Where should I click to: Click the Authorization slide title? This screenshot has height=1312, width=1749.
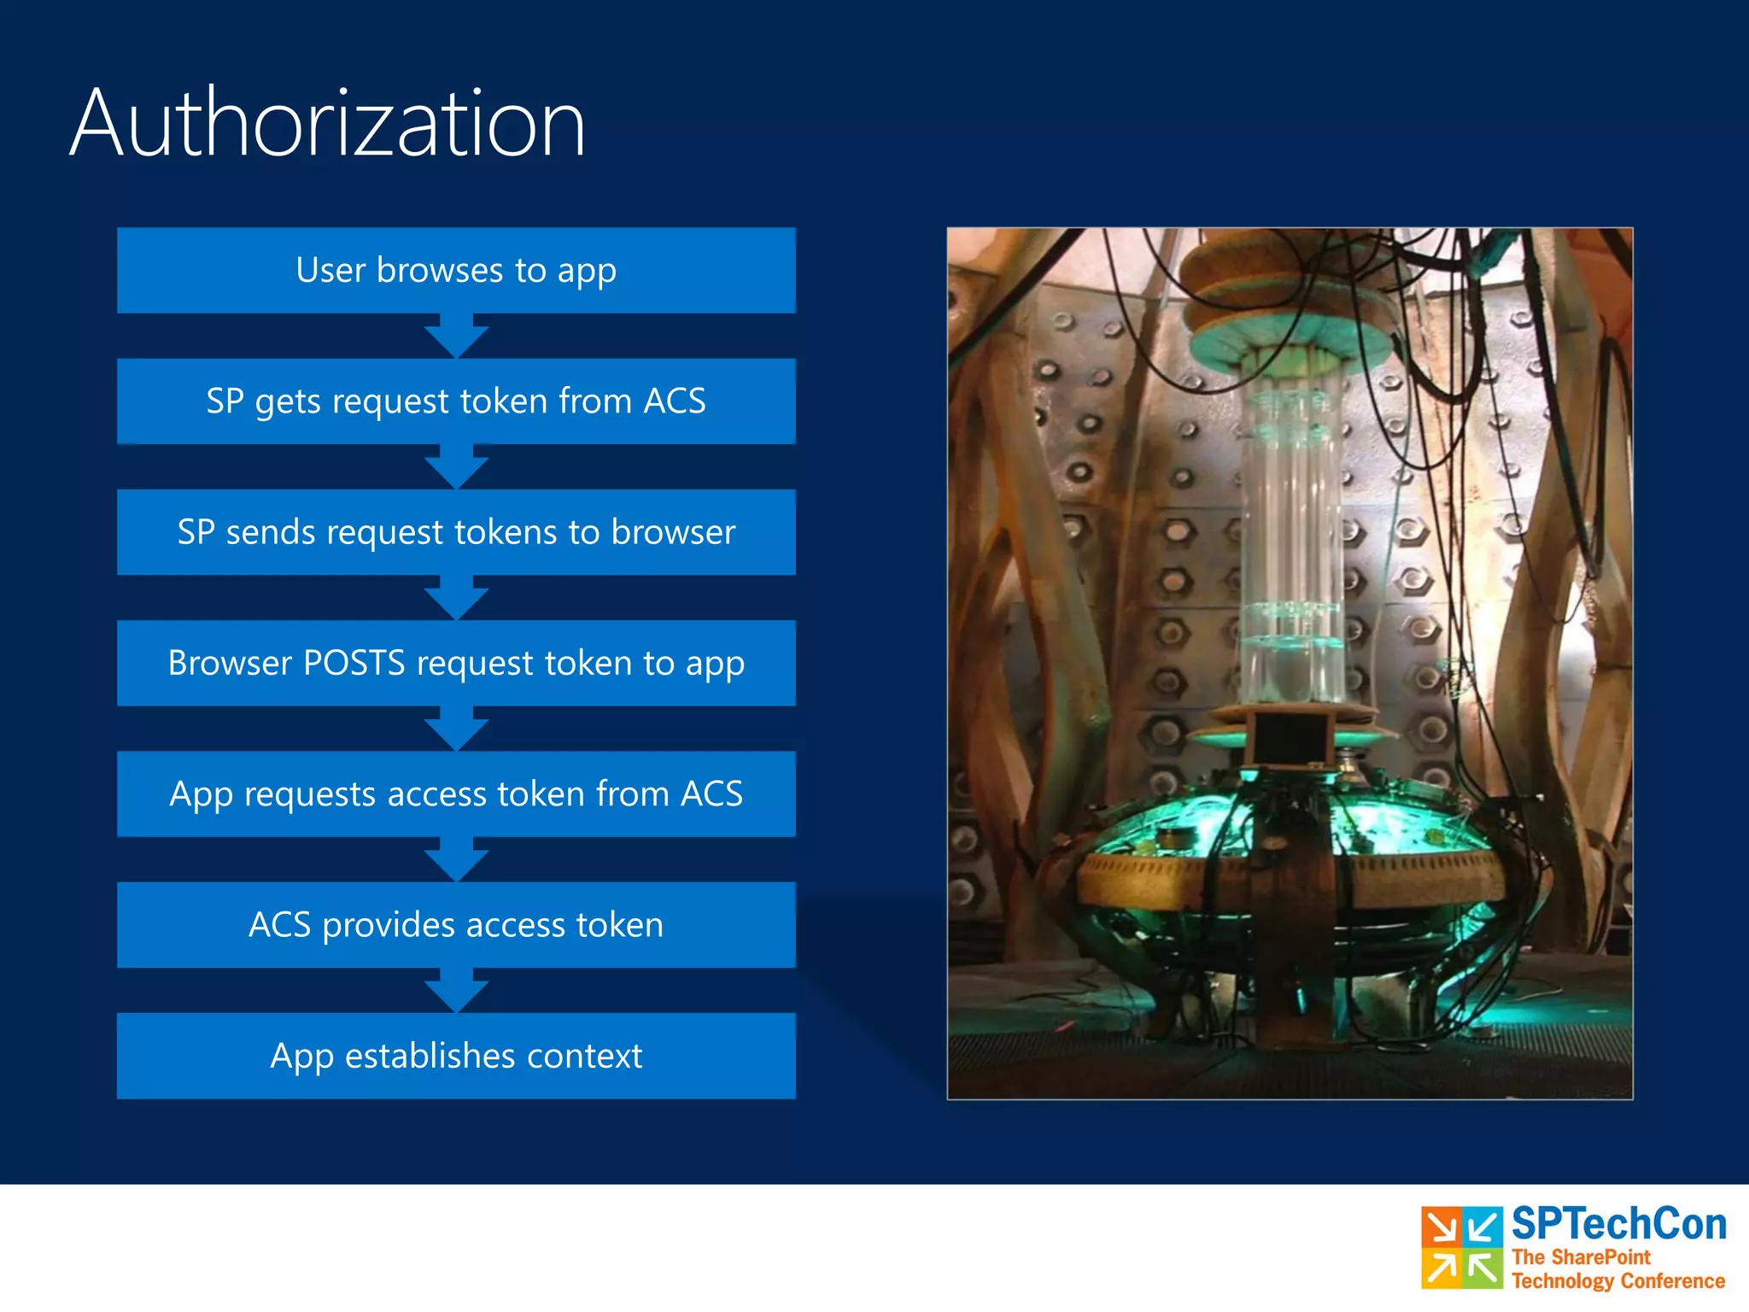327,124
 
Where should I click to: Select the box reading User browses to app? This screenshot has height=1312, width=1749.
456,270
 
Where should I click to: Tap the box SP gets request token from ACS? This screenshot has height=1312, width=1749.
456,401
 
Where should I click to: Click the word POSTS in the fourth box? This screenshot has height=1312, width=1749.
354,664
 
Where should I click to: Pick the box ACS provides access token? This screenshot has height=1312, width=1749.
456,925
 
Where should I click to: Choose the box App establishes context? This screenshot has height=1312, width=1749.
456,1056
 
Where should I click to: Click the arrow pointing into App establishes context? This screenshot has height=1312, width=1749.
456,991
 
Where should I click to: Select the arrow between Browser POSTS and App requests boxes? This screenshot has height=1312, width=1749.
456,729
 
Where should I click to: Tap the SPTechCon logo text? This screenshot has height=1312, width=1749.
1618,1224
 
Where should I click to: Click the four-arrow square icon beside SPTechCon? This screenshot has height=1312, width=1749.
1461,1247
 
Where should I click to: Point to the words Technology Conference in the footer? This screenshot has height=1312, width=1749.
1617,1281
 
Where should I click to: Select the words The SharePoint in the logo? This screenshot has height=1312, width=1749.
1581,1256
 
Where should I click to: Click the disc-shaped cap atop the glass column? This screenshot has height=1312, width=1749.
1290,337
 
